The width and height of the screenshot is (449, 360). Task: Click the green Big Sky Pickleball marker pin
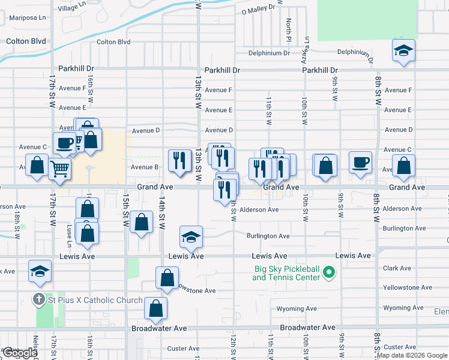tap(328, 274)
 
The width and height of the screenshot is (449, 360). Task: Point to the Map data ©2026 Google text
tap(412, 355)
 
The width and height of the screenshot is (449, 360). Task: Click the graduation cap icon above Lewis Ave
tap(191, 238)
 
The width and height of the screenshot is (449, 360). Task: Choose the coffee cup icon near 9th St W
tap(360, 163)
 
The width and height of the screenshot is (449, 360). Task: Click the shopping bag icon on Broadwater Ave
tap(156, 309)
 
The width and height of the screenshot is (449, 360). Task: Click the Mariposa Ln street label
tap(26, 18)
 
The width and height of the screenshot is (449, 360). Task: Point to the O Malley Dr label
tap(258, 10)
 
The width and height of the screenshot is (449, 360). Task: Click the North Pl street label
tap(289, 26)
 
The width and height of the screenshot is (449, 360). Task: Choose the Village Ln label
tap(72, 8)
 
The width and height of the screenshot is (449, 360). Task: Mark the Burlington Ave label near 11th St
tap(268, 236)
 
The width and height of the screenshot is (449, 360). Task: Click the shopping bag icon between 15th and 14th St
tap(140, 223)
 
